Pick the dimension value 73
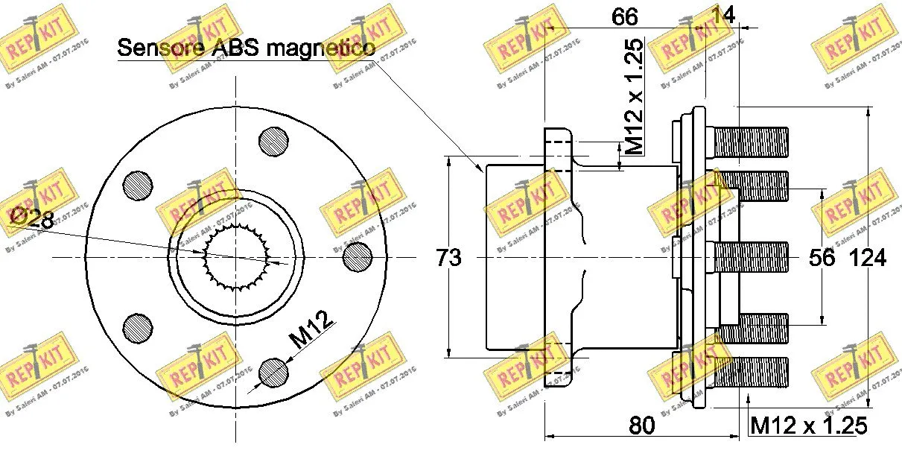(448, 258)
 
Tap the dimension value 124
(868, 258)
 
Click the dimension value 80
(641, 426)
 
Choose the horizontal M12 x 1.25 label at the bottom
(808, 426)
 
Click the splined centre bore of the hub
(236, 257)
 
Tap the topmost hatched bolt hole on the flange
(273, 139)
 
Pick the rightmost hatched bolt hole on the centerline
(357, 257)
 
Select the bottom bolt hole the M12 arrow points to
(273, 373)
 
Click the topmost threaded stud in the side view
(751, 142)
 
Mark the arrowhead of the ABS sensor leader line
(482, 171)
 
